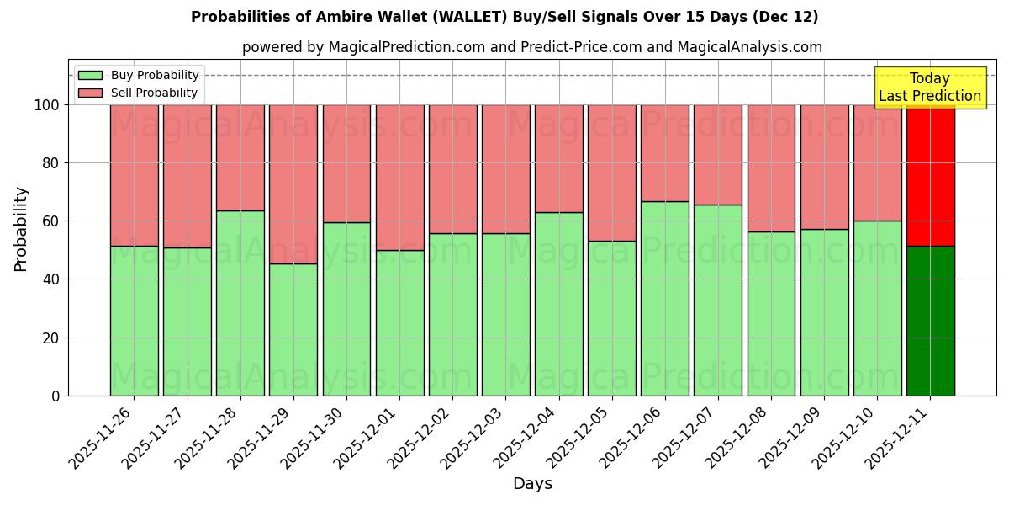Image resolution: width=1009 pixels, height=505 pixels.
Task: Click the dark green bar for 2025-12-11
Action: click(930, 321)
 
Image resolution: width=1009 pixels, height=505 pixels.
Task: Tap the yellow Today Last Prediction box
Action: click(929, 88)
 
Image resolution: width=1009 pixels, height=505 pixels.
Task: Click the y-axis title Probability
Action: click(21, 228)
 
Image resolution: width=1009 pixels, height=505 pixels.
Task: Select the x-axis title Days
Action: click(532, 484)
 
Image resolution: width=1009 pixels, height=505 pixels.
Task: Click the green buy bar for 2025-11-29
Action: click(293, 329)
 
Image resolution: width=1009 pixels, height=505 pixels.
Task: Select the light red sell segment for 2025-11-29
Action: click(293, 184)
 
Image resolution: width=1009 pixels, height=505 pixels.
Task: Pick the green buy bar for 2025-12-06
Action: click(664, 298)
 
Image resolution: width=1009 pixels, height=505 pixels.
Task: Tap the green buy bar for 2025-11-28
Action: click(240, 303)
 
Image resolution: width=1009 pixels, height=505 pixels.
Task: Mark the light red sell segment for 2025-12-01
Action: click(399, 178)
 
